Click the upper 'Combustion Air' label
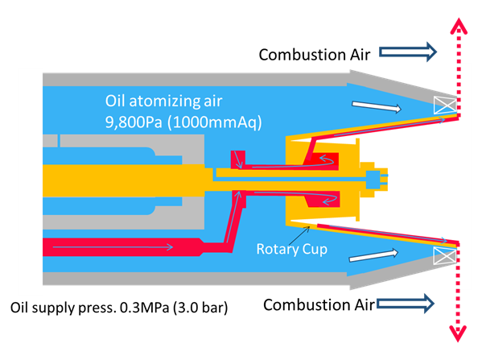315,55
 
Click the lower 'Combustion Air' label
319,305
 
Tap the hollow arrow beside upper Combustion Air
408,52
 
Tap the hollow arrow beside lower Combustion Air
406,304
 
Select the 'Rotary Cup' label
292,249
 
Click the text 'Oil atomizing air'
163,101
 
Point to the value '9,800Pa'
134,122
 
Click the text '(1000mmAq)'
215,122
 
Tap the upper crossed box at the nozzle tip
445,106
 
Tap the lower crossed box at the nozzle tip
445,255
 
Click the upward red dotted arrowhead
459,26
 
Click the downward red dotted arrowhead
458,333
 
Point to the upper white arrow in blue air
377,107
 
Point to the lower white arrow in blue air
374,255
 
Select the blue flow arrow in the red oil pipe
113,246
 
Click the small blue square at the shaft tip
373,180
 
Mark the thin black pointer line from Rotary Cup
299,235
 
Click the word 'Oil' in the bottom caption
19,308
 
